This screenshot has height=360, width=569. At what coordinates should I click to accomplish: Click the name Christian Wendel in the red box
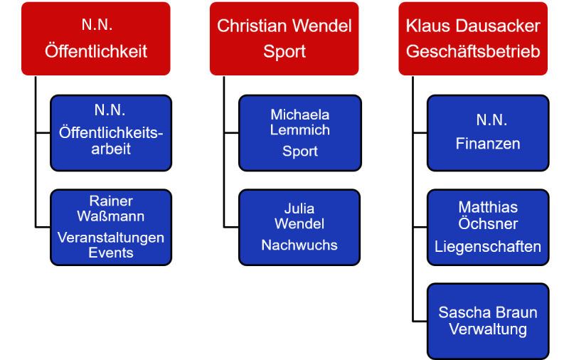[284, 26]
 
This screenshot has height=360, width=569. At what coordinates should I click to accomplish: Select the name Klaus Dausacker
[473, 26]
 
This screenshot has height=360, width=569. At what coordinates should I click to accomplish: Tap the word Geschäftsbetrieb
[473, 51]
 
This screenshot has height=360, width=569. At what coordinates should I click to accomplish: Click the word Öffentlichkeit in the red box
[96, 51]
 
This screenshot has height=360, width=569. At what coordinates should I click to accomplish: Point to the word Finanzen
[488, 144]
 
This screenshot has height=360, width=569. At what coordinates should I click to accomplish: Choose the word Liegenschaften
[488, 247]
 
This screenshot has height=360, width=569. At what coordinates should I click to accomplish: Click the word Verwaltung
[488, 329]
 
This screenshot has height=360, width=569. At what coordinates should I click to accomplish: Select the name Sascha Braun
[488, 312]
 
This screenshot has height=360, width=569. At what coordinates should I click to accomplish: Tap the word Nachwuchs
[299, 245]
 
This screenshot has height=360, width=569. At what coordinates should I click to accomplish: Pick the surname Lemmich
[299, 130]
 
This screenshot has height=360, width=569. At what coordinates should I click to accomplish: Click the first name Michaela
[299, 115]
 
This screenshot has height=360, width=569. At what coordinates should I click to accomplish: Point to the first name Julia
[299, 208]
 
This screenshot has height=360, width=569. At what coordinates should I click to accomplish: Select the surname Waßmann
[111, 216]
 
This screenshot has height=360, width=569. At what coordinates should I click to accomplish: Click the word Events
[111, 253]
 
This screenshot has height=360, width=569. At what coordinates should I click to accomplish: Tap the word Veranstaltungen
[111, 238]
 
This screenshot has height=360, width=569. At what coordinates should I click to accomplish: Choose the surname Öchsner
[488, 223]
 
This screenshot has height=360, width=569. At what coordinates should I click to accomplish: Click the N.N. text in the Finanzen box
[491, 120]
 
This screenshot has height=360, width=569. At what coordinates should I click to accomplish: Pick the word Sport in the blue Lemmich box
[299, 151]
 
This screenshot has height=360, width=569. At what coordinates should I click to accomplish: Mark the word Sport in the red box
[284, 51]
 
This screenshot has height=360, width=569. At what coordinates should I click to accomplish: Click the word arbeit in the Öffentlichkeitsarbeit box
[111, 149]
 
